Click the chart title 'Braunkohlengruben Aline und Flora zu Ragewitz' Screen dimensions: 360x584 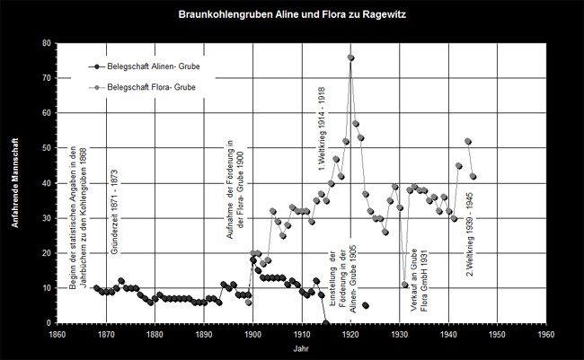291,15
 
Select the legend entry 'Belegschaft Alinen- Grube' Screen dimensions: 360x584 149,66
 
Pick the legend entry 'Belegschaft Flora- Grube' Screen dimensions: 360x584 147,87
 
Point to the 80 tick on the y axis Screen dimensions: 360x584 44,43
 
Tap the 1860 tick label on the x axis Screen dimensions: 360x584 57,332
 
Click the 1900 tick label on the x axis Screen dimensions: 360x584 252,332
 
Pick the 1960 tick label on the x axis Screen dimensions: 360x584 545,332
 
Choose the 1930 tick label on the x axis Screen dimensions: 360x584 399,332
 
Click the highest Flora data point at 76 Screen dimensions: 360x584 350,57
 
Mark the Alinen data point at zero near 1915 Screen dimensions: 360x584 325,322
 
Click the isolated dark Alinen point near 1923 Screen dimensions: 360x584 366,305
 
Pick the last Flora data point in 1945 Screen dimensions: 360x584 473,176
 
